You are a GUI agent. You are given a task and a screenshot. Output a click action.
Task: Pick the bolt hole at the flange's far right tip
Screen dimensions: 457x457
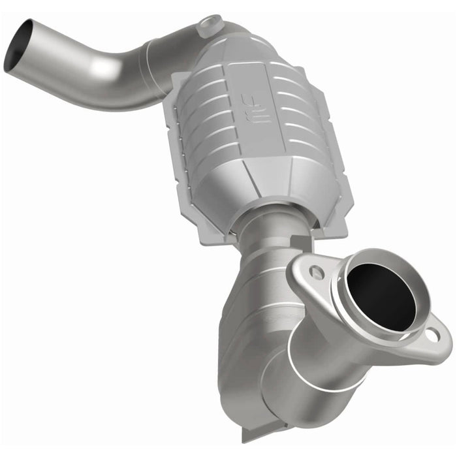pos(432,335)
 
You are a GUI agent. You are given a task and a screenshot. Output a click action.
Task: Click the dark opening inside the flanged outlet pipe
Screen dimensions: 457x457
pos(382,298)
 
